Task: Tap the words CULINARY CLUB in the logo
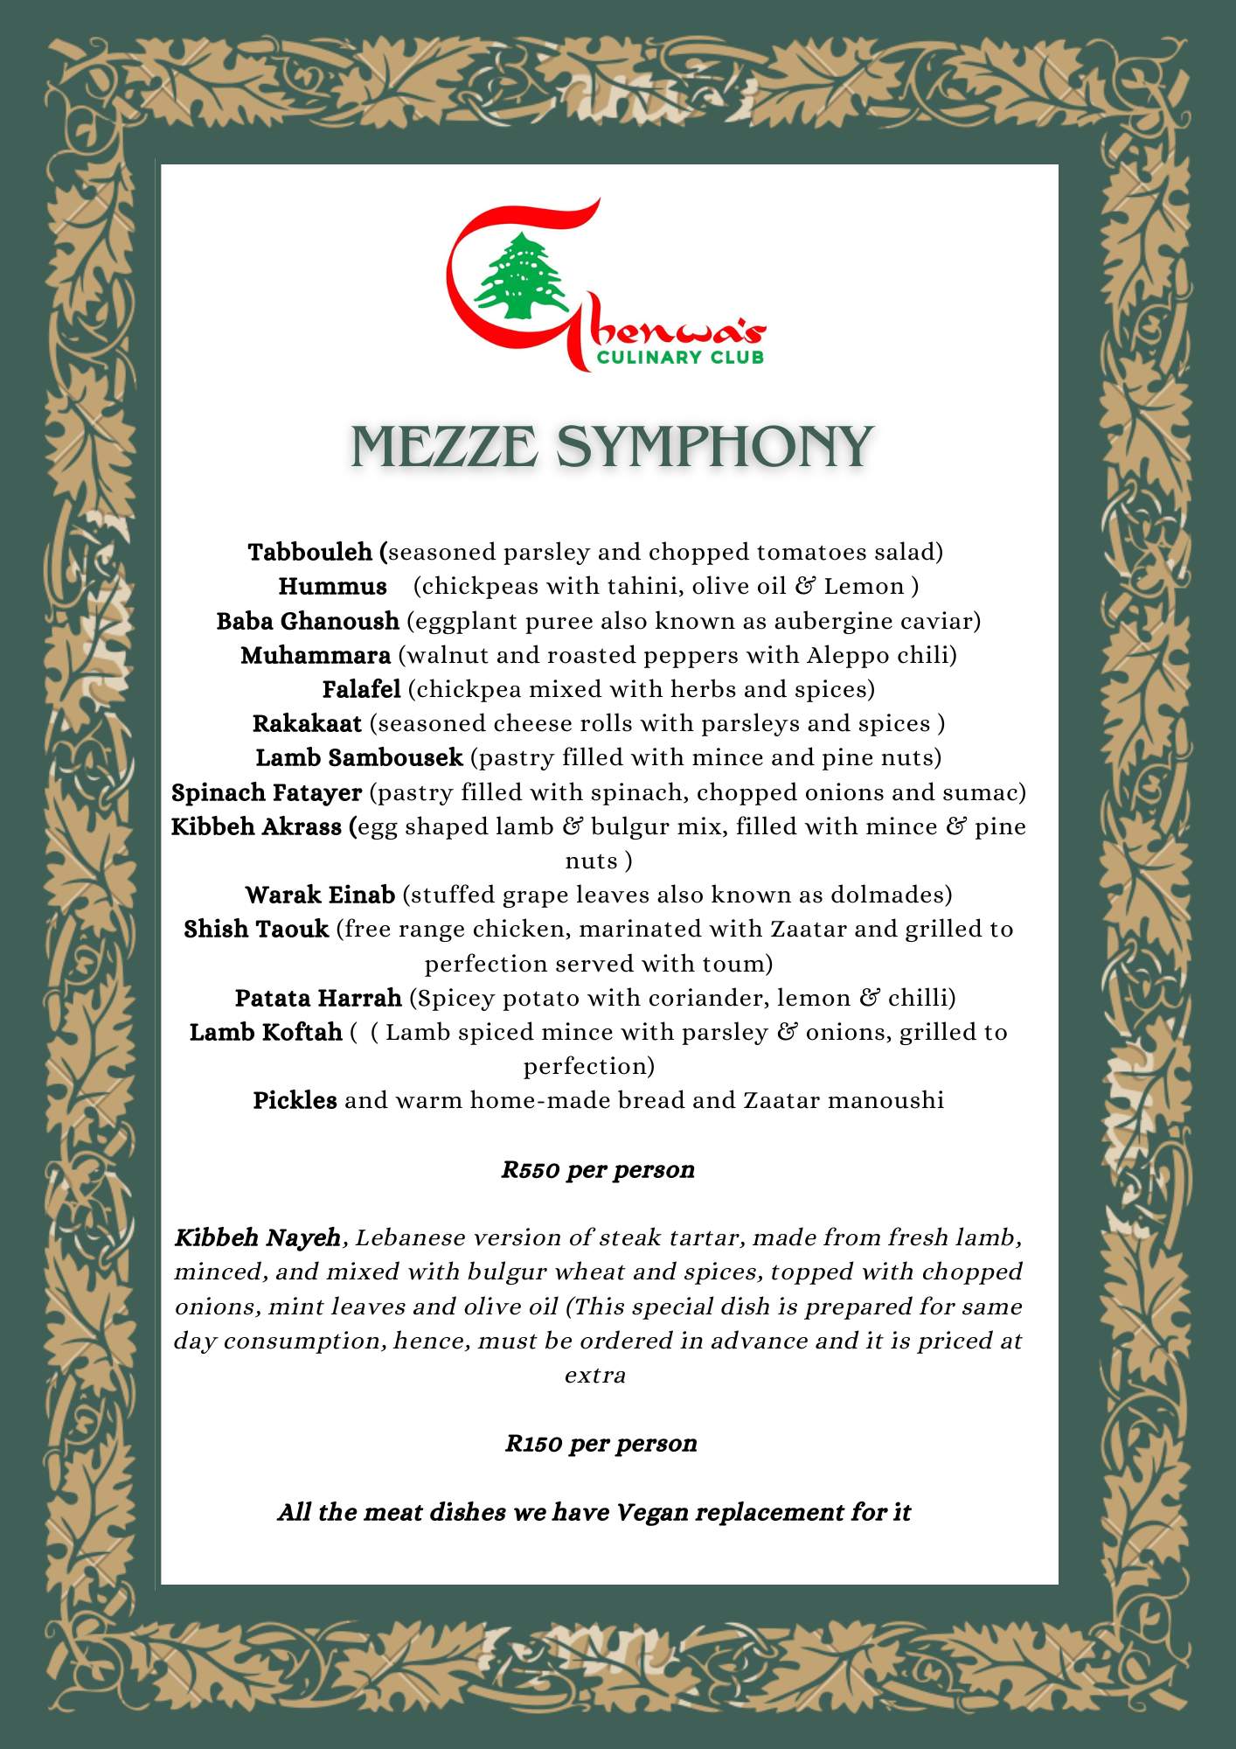tap(680, 357)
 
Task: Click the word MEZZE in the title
tap(444, 447)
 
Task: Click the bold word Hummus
tap(332, 587)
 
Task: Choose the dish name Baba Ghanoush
tap(308, 621)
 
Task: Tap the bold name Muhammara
tap(316, 655)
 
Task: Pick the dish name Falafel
tap(361, 689)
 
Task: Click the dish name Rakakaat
tap(307, 723)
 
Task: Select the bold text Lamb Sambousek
tap(358, 757)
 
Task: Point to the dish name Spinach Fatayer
tap(267, 792)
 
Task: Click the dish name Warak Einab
tap(320, 895)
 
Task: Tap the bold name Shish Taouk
tap(256, 929)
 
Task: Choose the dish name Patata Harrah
tap(318, 998)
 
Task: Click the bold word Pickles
tap(295, 1100)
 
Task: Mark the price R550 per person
tap(598, 1170)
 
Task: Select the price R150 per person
tap(601, 1443)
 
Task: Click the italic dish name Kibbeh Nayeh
tap(257, 1237)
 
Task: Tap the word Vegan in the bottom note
tap(652, 1512)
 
